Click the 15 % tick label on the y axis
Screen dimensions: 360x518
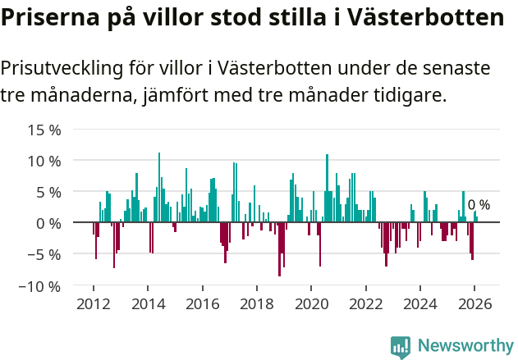point(44,130)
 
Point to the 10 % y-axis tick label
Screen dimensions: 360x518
point(44,161)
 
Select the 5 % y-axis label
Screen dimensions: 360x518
point(48,192)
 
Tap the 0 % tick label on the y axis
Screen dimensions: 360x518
point(48,223)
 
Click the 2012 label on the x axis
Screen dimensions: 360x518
point(94,303)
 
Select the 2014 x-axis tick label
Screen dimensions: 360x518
point(148,303)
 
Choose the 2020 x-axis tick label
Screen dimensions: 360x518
point(311,303)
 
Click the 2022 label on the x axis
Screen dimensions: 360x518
point(366,303)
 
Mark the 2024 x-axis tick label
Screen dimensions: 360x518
point(420,303)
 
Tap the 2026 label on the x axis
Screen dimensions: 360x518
point(474,303)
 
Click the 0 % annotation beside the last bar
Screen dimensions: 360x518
point(479,205)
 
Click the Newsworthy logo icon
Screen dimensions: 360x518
point(401,346)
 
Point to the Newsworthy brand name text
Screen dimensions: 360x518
point(465,346)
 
